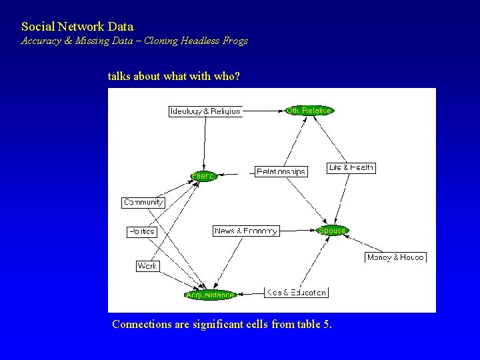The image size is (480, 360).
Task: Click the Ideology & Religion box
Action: tap(205, 111)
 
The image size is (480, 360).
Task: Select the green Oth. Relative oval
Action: tap(309, 110)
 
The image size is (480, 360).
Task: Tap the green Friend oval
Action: tap(203, 176)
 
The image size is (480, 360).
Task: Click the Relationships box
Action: tap(281, 171)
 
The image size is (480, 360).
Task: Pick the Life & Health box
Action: tap(351, 167)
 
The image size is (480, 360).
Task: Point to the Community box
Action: tap(143, 202)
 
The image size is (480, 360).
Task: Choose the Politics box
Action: tap(141, 231)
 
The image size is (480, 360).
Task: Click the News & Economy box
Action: tap(246, 231)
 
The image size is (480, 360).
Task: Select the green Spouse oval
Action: tap(332, 231)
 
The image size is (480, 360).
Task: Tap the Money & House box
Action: tap(395, 257)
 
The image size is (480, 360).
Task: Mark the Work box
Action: tap(147, 265)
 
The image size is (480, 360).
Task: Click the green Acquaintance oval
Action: tap(210, 295)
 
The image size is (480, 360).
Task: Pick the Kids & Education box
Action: tap(296, 292)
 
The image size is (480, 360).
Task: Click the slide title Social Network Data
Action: tap(77, 27)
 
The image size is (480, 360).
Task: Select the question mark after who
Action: tap(237, 77)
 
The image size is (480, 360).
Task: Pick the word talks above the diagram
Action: tap(119, 77)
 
